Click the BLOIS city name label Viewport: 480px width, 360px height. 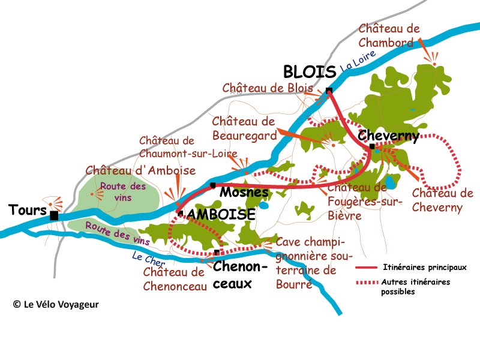coord(310,73)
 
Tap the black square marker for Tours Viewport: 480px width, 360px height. coord(54,215)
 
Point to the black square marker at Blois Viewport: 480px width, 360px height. coord(329,91)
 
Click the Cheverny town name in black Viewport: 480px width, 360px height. coord(388,136)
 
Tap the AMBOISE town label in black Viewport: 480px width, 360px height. coord(221,214)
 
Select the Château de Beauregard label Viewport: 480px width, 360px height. coord(244,128)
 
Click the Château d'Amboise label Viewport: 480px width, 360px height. coord(140,171)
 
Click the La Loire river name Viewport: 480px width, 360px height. coord(358,62)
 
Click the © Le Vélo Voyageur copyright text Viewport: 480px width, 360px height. coord(56,304)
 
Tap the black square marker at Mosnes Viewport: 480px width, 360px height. coord(212,185)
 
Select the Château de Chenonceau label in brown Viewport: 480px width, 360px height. coord(175,278)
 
